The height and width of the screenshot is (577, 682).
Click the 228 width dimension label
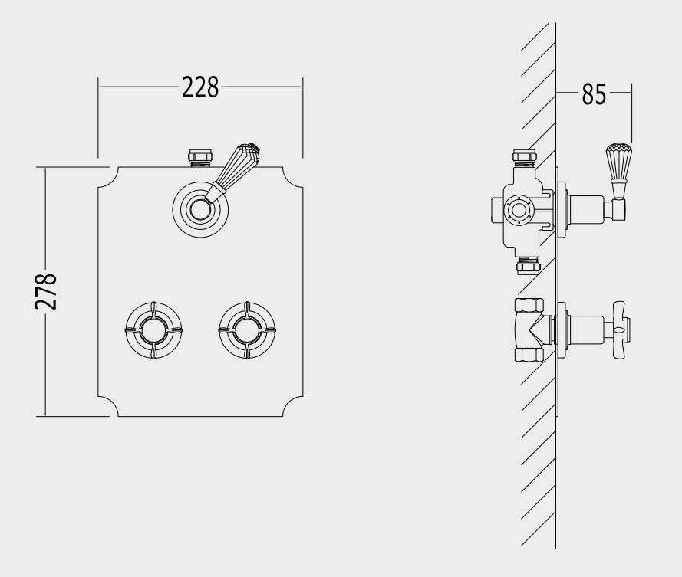tap(200, 87)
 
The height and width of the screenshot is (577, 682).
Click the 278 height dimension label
tap(46, 291)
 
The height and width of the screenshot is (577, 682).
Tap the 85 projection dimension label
tap(594, 93)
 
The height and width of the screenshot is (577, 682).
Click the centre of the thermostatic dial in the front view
tap(200, 210)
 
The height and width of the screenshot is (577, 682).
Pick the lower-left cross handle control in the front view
tap(153, 330)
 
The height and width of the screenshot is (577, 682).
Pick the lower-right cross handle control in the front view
tap(247, 330)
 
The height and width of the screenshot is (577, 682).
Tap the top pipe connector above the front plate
tap(200, 158)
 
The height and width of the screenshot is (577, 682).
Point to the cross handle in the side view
tap(621, 329)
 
